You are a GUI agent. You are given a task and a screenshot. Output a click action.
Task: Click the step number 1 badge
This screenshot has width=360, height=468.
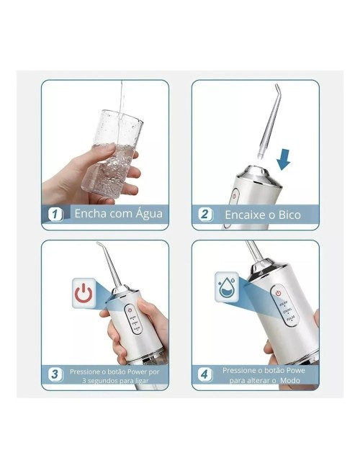click(x=54, y=214)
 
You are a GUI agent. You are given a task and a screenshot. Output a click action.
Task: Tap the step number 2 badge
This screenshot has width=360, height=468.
click(x=204, y=214)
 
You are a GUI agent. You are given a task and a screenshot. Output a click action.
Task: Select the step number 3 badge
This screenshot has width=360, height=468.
click(x=54, y=374)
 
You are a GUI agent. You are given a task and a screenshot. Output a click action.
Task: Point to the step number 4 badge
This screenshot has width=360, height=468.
click(x=204, y=374)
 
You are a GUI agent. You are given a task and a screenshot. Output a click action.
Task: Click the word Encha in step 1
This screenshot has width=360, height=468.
click(x=91, y=214)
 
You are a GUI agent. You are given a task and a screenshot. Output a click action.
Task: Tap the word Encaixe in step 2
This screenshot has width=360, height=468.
click(x=247, y=214)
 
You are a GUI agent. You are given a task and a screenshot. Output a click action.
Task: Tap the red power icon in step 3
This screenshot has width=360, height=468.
click(x=84, y=293)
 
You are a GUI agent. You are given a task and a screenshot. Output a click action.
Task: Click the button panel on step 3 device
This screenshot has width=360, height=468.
click(x=131, y=323)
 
